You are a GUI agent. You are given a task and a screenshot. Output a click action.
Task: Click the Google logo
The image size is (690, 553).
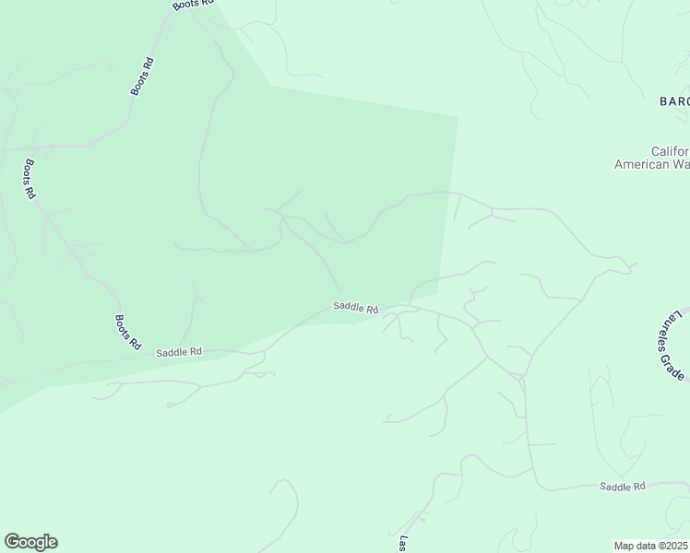click(x=30, y=542)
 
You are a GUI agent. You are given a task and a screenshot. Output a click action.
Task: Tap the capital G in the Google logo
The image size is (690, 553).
click(x=12, y=542)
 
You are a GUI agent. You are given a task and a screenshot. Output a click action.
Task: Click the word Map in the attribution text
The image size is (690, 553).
click(x=625, y=546)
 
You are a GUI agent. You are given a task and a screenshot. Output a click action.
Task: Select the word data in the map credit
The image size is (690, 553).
click(x=647, y=546)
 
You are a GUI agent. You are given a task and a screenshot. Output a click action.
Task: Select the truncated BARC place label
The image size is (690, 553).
click(x=674, y=101)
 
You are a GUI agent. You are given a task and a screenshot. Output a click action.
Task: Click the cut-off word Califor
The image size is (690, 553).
click(x=670, y=151)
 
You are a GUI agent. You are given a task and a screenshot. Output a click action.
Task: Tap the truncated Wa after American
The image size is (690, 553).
click(x=683, y=164)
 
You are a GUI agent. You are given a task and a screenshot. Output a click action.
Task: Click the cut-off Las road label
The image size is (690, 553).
click(x=403, y=544)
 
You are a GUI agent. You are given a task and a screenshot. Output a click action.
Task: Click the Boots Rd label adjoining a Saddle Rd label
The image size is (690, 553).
click(x=127, y=332)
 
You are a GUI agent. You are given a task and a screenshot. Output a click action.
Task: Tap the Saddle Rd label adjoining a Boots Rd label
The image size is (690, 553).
click(x=178, y=352)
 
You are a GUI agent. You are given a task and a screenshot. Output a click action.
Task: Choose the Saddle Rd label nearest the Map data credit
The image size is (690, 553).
click(x=622, y=486)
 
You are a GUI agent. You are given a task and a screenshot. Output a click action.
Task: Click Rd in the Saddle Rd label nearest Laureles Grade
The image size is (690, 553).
click(x=638, y=486)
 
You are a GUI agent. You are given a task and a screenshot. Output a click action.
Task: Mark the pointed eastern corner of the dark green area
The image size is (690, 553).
click(x=458, y=117)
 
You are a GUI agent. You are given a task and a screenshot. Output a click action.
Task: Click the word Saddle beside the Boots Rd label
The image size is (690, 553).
click(x=172, y=352)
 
